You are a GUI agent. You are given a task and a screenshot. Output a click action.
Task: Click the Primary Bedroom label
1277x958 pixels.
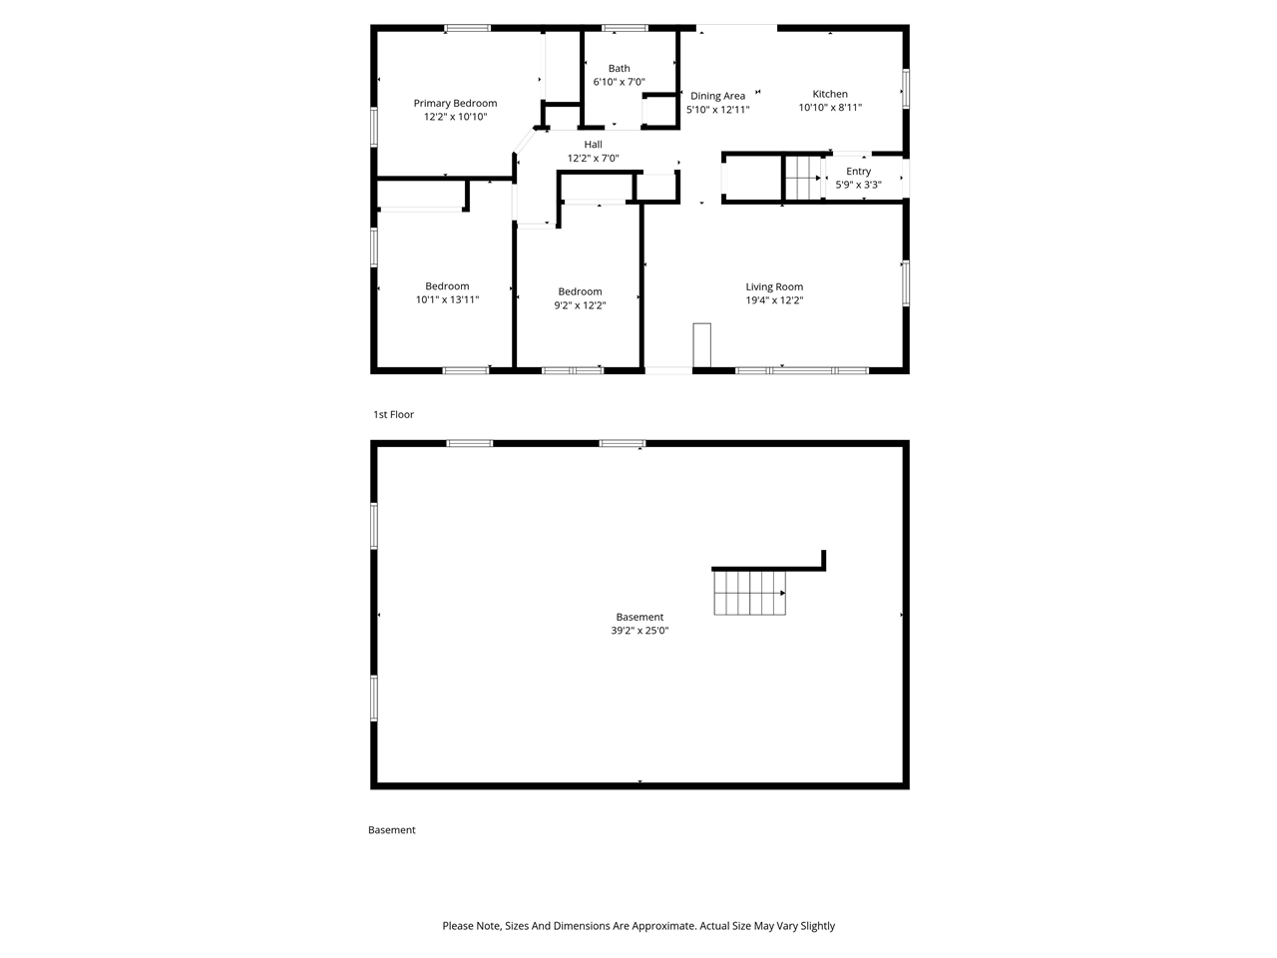[455, 103]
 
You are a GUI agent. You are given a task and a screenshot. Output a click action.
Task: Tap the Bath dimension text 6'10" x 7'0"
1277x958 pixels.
[619, 82]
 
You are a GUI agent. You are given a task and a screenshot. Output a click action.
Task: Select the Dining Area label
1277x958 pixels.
[717, 96]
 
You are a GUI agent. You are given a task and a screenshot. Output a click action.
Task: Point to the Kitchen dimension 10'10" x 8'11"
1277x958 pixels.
[830, 108]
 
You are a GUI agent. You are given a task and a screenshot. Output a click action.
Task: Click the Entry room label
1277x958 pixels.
[858, 172]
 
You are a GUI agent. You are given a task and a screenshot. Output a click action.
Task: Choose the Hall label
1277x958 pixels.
[594, 145]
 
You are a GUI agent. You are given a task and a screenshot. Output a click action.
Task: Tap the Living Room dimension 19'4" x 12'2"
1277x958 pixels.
[774, 300]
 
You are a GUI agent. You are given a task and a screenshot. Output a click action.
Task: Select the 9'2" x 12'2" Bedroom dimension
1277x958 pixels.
[580, 305]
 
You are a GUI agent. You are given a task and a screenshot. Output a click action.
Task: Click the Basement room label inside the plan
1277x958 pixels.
[639, 617]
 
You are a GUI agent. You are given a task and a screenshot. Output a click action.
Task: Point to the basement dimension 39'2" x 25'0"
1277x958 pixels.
[639, 631]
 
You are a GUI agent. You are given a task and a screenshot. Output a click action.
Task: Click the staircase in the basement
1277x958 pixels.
[749, 593]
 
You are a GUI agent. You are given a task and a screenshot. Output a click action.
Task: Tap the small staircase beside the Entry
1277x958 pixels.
[802, 178]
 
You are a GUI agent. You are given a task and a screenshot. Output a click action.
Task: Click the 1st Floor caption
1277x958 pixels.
[393, 414]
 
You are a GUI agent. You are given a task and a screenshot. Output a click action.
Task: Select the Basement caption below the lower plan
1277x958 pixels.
[392, 830]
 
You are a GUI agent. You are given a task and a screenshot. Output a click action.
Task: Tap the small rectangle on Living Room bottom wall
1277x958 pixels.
[702, 346]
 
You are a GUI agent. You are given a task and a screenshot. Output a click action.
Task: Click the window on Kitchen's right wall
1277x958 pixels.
[906, 88]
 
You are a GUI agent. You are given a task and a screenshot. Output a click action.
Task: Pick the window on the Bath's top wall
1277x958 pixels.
[625, 28]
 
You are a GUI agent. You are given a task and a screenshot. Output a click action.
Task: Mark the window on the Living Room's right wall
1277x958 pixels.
[906, 281]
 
